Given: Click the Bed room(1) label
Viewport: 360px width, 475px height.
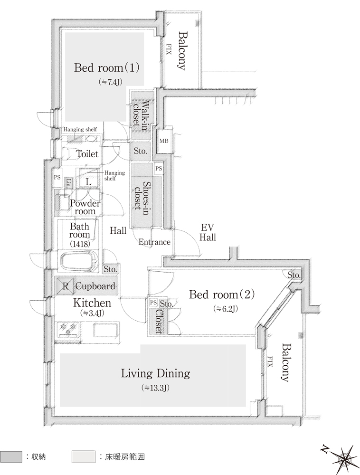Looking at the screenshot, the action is tap(106, 67).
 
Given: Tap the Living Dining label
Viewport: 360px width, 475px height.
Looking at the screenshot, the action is tap(156, 373).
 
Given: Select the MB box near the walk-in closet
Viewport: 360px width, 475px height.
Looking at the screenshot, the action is tap(164, 141).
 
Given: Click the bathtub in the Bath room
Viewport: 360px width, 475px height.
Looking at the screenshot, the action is tap(80, 261).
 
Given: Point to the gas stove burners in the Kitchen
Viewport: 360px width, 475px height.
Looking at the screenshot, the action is tap(68, 329).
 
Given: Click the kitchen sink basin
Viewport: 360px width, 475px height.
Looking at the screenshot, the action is tap(105, 330).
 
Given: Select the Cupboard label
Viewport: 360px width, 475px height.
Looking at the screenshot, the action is tap(95, 286).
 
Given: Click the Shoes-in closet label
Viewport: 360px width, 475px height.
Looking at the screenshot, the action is tap(142, 196).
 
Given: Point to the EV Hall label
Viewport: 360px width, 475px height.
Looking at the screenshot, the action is tap(208, 232).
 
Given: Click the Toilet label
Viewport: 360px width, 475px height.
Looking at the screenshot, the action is tap(87, 154).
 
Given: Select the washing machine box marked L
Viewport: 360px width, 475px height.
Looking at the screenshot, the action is tap(88, 181).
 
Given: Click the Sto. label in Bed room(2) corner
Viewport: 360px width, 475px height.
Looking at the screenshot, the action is tap(294, 275).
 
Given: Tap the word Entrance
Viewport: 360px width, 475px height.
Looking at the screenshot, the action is tap(154, 242).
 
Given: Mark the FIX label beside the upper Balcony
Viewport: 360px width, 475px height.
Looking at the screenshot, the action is tap(169, 49).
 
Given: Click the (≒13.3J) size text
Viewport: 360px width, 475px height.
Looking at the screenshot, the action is tap(155, 388).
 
